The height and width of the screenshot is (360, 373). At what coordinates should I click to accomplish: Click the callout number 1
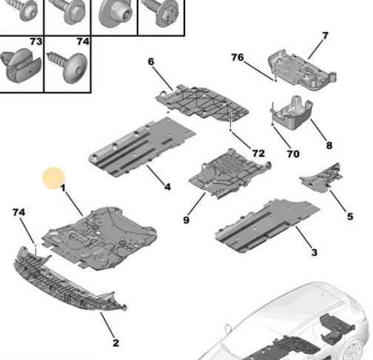click(x=63, y=188)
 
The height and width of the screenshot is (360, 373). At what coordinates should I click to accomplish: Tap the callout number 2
click(x=115, y=343)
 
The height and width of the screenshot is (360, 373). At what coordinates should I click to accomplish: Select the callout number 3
click(x=314, y=252)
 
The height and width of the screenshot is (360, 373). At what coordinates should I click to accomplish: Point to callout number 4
click(x=167, y=187)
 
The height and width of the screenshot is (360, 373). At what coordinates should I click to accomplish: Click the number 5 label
click(x=350, y=217)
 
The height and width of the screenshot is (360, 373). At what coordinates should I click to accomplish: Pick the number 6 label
click(x=151, y=61)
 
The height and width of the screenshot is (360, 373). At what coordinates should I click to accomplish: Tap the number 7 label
click(x=325, y=35)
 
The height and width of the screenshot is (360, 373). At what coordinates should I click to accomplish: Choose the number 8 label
click(x=329, y=146)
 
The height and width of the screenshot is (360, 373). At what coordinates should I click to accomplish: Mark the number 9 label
click(x=186, y=220)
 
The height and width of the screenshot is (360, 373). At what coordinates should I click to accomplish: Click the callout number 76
click(x=238, y=58)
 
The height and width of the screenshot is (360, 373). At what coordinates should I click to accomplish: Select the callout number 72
click(x=258, y=153)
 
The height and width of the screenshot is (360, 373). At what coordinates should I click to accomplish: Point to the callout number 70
click(x=293, y=154)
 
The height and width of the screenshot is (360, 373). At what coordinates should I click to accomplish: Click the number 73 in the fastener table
click(x=36, y=41)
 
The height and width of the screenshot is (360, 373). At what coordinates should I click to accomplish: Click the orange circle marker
click(x=53, y=178)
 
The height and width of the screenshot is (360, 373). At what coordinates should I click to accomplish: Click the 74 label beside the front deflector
click(x=19, y=212)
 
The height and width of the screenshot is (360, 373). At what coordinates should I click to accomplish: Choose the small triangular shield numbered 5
click(x=321, y=178)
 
